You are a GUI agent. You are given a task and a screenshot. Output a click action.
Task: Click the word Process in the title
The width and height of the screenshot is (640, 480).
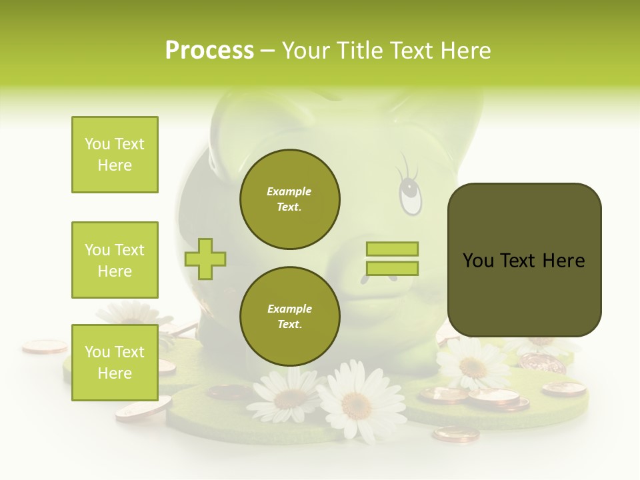pos(209,51)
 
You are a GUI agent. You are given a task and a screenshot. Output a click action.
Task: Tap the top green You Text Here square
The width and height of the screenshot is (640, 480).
pos(115,155)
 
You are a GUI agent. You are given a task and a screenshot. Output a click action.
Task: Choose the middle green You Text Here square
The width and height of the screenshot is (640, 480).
pos(115,260)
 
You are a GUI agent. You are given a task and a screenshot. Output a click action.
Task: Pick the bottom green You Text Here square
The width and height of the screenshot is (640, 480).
pos(115,362)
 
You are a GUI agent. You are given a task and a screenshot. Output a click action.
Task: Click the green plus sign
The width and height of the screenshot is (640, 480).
pos(205,258)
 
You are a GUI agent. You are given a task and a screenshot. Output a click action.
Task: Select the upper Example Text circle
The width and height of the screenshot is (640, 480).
pos(289,199)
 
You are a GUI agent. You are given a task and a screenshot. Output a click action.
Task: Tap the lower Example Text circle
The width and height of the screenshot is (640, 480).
pos(289,317)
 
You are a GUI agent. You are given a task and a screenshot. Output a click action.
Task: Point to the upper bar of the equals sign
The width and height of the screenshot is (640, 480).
pos(392,249)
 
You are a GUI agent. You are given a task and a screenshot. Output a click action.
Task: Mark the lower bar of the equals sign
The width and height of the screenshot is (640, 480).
pos(392,268)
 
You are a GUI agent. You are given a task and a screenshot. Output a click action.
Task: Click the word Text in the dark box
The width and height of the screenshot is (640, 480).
pos(518,260)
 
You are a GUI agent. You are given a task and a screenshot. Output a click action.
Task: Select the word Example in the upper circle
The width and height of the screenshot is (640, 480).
pos(289,191)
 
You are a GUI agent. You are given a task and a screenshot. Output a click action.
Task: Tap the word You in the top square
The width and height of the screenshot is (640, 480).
pos(97,144)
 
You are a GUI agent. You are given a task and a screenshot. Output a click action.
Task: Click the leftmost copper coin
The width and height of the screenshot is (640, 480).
pos(45,346)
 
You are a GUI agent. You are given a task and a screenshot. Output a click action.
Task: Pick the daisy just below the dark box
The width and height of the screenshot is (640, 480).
pos(473,365)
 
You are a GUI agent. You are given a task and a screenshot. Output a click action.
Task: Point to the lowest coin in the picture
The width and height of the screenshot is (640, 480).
pos(455,434)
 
